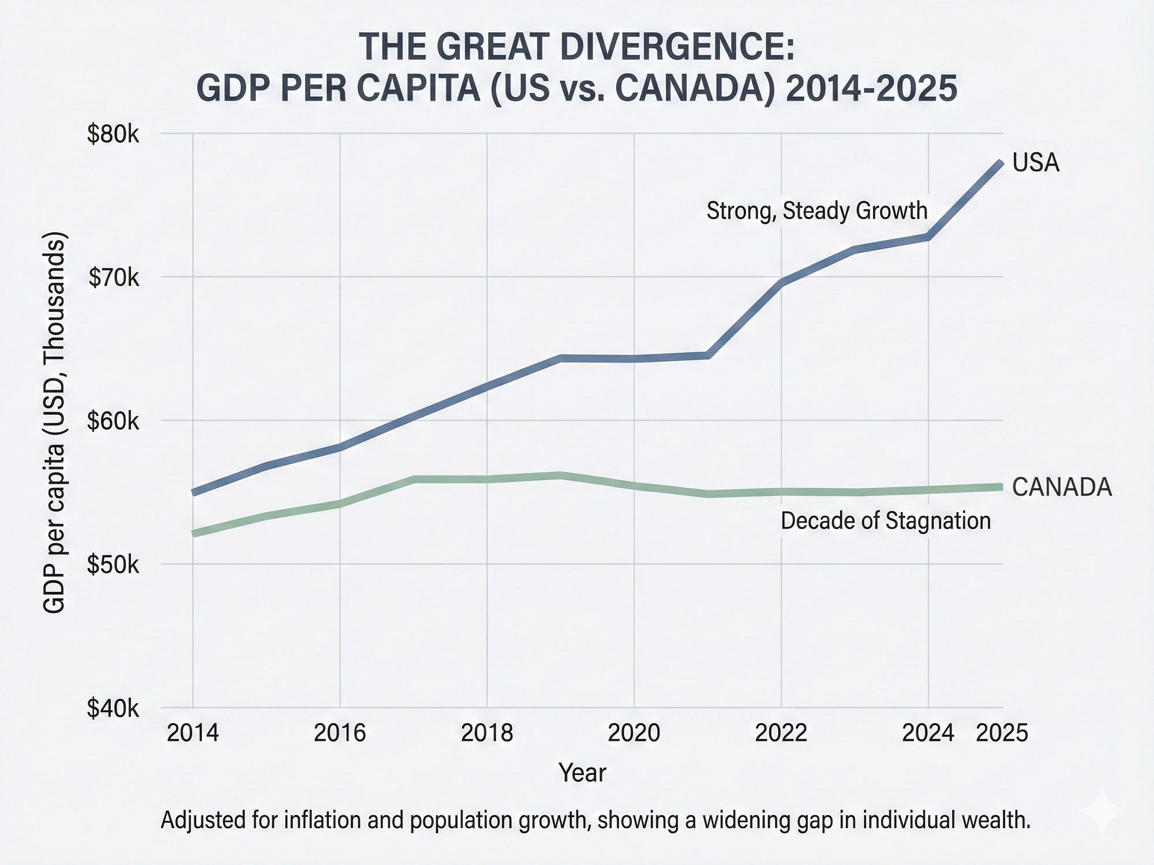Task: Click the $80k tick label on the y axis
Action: [x=113, y=134]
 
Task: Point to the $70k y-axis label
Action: [x=114, y=278]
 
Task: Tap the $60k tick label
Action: [x=113, y=422]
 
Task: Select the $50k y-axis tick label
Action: [x=113, y=565]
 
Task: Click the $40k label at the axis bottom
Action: [x=113, y=709]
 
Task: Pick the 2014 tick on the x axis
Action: [x=193, y=733]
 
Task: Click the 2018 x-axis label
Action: [x=487, y=733]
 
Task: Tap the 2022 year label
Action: [x=781, y=733]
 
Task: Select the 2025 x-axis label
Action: [x=1002, y=733]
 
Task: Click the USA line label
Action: [x=1036, y=163]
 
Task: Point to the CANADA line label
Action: [x=1062, y=488]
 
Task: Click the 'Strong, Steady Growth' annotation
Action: [x=817, y=211]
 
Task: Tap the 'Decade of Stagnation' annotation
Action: [x=886, y=521]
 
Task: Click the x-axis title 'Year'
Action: [x=582, y=773]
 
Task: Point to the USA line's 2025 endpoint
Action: [x=1001, y=164]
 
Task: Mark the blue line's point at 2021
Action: [x=708, y=355]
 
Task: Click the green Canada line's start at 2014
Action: [x=194, y=533]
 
